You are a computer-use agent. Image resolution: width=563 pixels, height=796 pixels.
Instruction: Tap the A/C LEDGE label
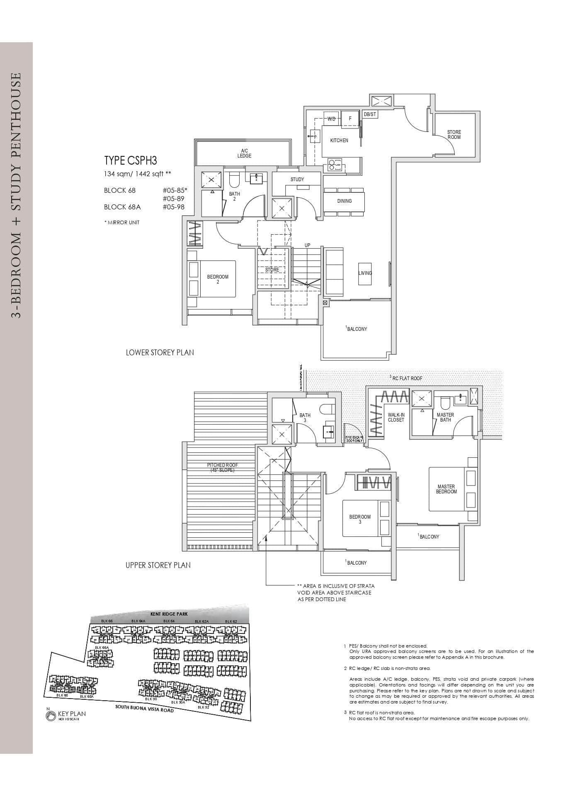coord(244,153)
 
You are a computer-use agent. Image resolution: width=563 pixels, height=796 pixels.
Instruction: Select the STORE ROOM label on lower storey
coord(454,134)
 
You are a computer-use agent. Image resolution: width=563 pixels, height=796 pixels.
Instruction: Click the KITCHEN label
coord(339,141)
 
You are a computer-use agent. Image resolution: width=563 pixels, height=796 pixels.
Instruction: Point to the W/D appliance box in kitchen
coord(331,119)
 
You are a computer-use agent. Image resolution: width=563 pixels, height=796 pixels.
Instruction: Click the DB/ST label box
coord(370,114)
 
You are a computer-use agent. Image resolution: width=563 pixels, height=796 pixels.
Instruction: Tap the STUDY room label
coord(297,180)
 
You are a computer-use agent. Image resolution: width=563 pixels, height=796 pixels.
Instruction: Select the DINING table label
coord(344,201)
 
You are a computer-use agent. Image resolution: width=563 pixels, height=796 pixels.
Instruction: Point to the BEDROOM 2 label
coord(218,279)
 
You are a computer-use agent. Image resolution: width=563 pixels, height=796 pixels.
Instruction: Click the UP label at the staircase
coord(308,245)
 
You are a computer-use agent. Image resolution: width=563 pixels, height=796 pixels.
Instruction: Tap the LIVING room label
coord(365,273)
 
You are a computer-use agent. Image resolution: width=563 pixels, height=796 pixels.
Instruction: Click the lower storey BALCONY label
coord(357,329)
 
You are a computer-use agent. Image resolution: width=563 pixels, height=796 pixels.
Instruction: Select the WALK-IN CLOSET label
coord(396,417)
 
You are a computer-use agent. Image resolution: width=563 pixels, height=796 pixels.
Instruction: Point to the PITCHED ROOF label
coord(222,468)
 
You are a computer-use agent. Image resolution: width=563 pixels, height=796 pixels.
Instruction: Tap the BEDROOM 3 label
coord(359,519)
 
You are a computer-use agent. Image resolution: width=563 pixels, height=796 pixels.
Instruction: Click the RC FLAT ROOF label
coord(406,378)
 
